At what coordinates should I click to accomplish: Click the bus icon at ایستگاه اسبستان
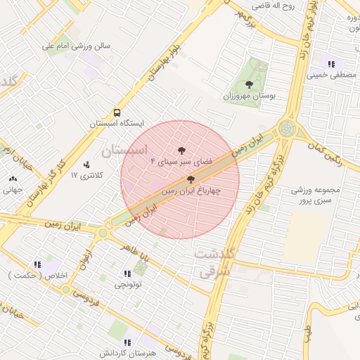point(117,112)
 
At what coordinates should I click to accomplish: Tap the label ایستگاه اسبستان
point(116,123)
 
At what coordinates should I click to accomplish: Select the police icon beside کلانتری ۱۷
point(86,165)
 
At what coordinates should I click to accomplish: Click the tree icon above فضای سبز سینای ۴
point(181,150)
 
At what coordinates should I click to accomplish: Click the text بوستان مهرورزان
point(250,95)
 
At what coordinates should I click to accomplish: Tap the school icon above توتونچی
point(127,274)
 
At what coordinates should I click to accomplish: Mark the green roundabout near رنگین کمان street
point(287,128)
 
